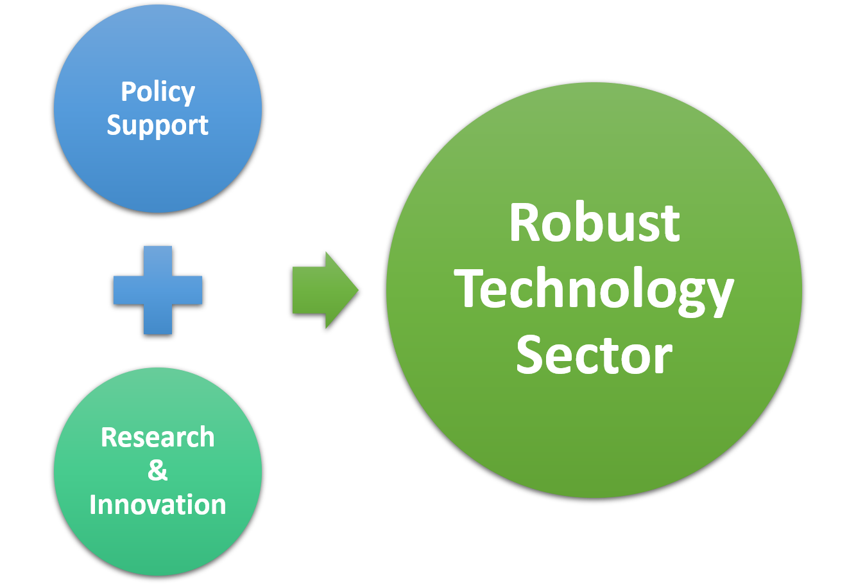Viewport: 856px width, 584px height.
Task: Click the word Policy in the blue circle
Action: coord(158,93)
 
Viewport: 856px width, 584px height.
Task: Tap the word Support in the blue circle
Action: coord(157,125)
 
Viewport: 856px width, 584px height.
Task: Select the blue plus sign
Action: coord(158,290)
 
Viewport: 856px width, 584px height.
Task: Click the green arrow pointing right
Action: coord(325,290)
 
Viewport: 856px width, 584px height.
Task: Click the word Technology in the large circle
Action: coord(594,291)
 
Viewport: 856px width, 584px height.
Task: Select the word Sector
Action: coord(594,354)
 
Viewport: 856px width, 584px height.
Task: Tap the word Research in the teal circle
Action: coord(157,437)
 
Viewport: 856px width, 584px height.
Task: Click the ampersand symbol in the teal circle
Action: coord(157,470)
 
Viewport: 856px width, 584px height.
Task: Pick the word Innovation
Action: coord(157,504)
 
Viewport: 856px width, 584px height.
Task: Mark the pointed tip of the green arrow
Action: coord(358,290)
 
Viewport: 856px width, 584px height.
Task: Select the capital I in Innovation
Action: coord(92,504)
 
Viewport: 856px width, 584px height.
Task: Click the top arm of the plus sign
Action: coord(158,261)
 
